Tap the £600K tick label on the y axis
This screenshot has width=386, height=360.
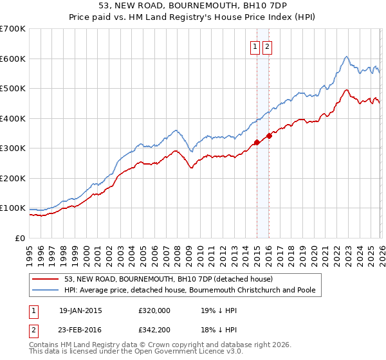pos(13,59)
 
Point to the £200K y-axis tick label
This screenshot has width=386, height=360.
pos(13,178)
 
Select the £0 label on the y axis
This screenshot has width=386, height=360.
pos(20,238)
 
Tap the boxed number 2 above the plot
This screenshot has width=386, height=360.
pos(267,46)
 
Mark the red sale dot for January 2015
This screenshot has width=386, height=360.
pos(257,142)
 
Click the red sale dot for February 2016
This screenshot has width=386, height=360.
pos(269,136)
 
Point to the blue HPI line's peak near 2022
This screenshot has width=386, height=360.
pos(346,57)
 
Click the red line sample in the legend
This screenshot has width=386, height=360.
pos(46,279)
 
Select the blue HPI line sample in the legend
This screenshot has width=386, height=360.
pos(46,290)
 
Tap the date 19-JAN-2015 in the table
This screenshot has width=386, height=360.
pos(80,310)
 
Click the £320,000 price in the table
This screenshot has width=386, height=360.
pos(154,310)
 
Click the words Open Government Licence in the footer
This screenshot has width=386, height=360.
pos(169,352)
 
